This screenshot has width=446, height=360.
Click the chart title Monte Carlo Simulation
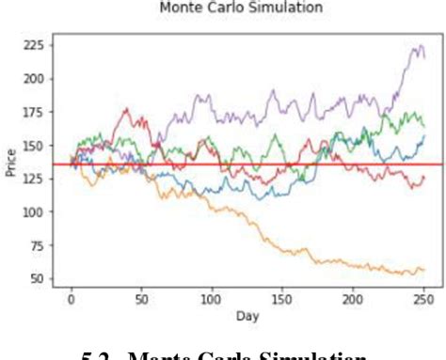(241, 8)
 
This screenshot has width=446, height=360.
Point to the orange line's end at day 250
(424, 271)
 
